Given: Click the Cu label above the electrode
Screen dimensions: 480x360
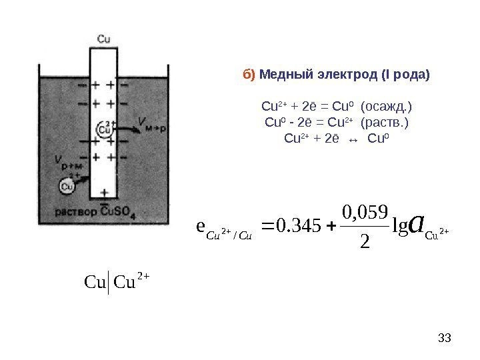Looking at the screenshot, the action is (x=104, y=39).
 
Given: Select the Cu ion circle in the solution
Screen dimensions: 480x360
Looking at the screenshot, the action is (x=67, y=186).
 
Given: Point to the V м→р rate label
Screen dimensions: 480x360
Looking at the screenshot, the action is (x=150, y=121).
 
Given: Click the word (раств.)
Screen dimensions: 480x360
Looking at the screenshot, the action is (x=383, y=122).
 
